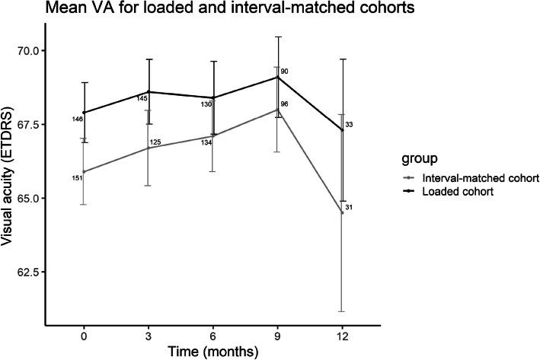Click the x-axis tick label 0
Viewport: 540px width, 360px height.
point(84,335)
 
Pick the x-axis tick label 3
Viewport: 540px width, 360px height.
point(149,335)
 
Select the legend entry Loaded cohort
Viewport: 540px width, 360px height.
point(450,193)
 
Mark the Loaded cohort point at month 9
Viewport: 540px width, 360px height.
point(278,77)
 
